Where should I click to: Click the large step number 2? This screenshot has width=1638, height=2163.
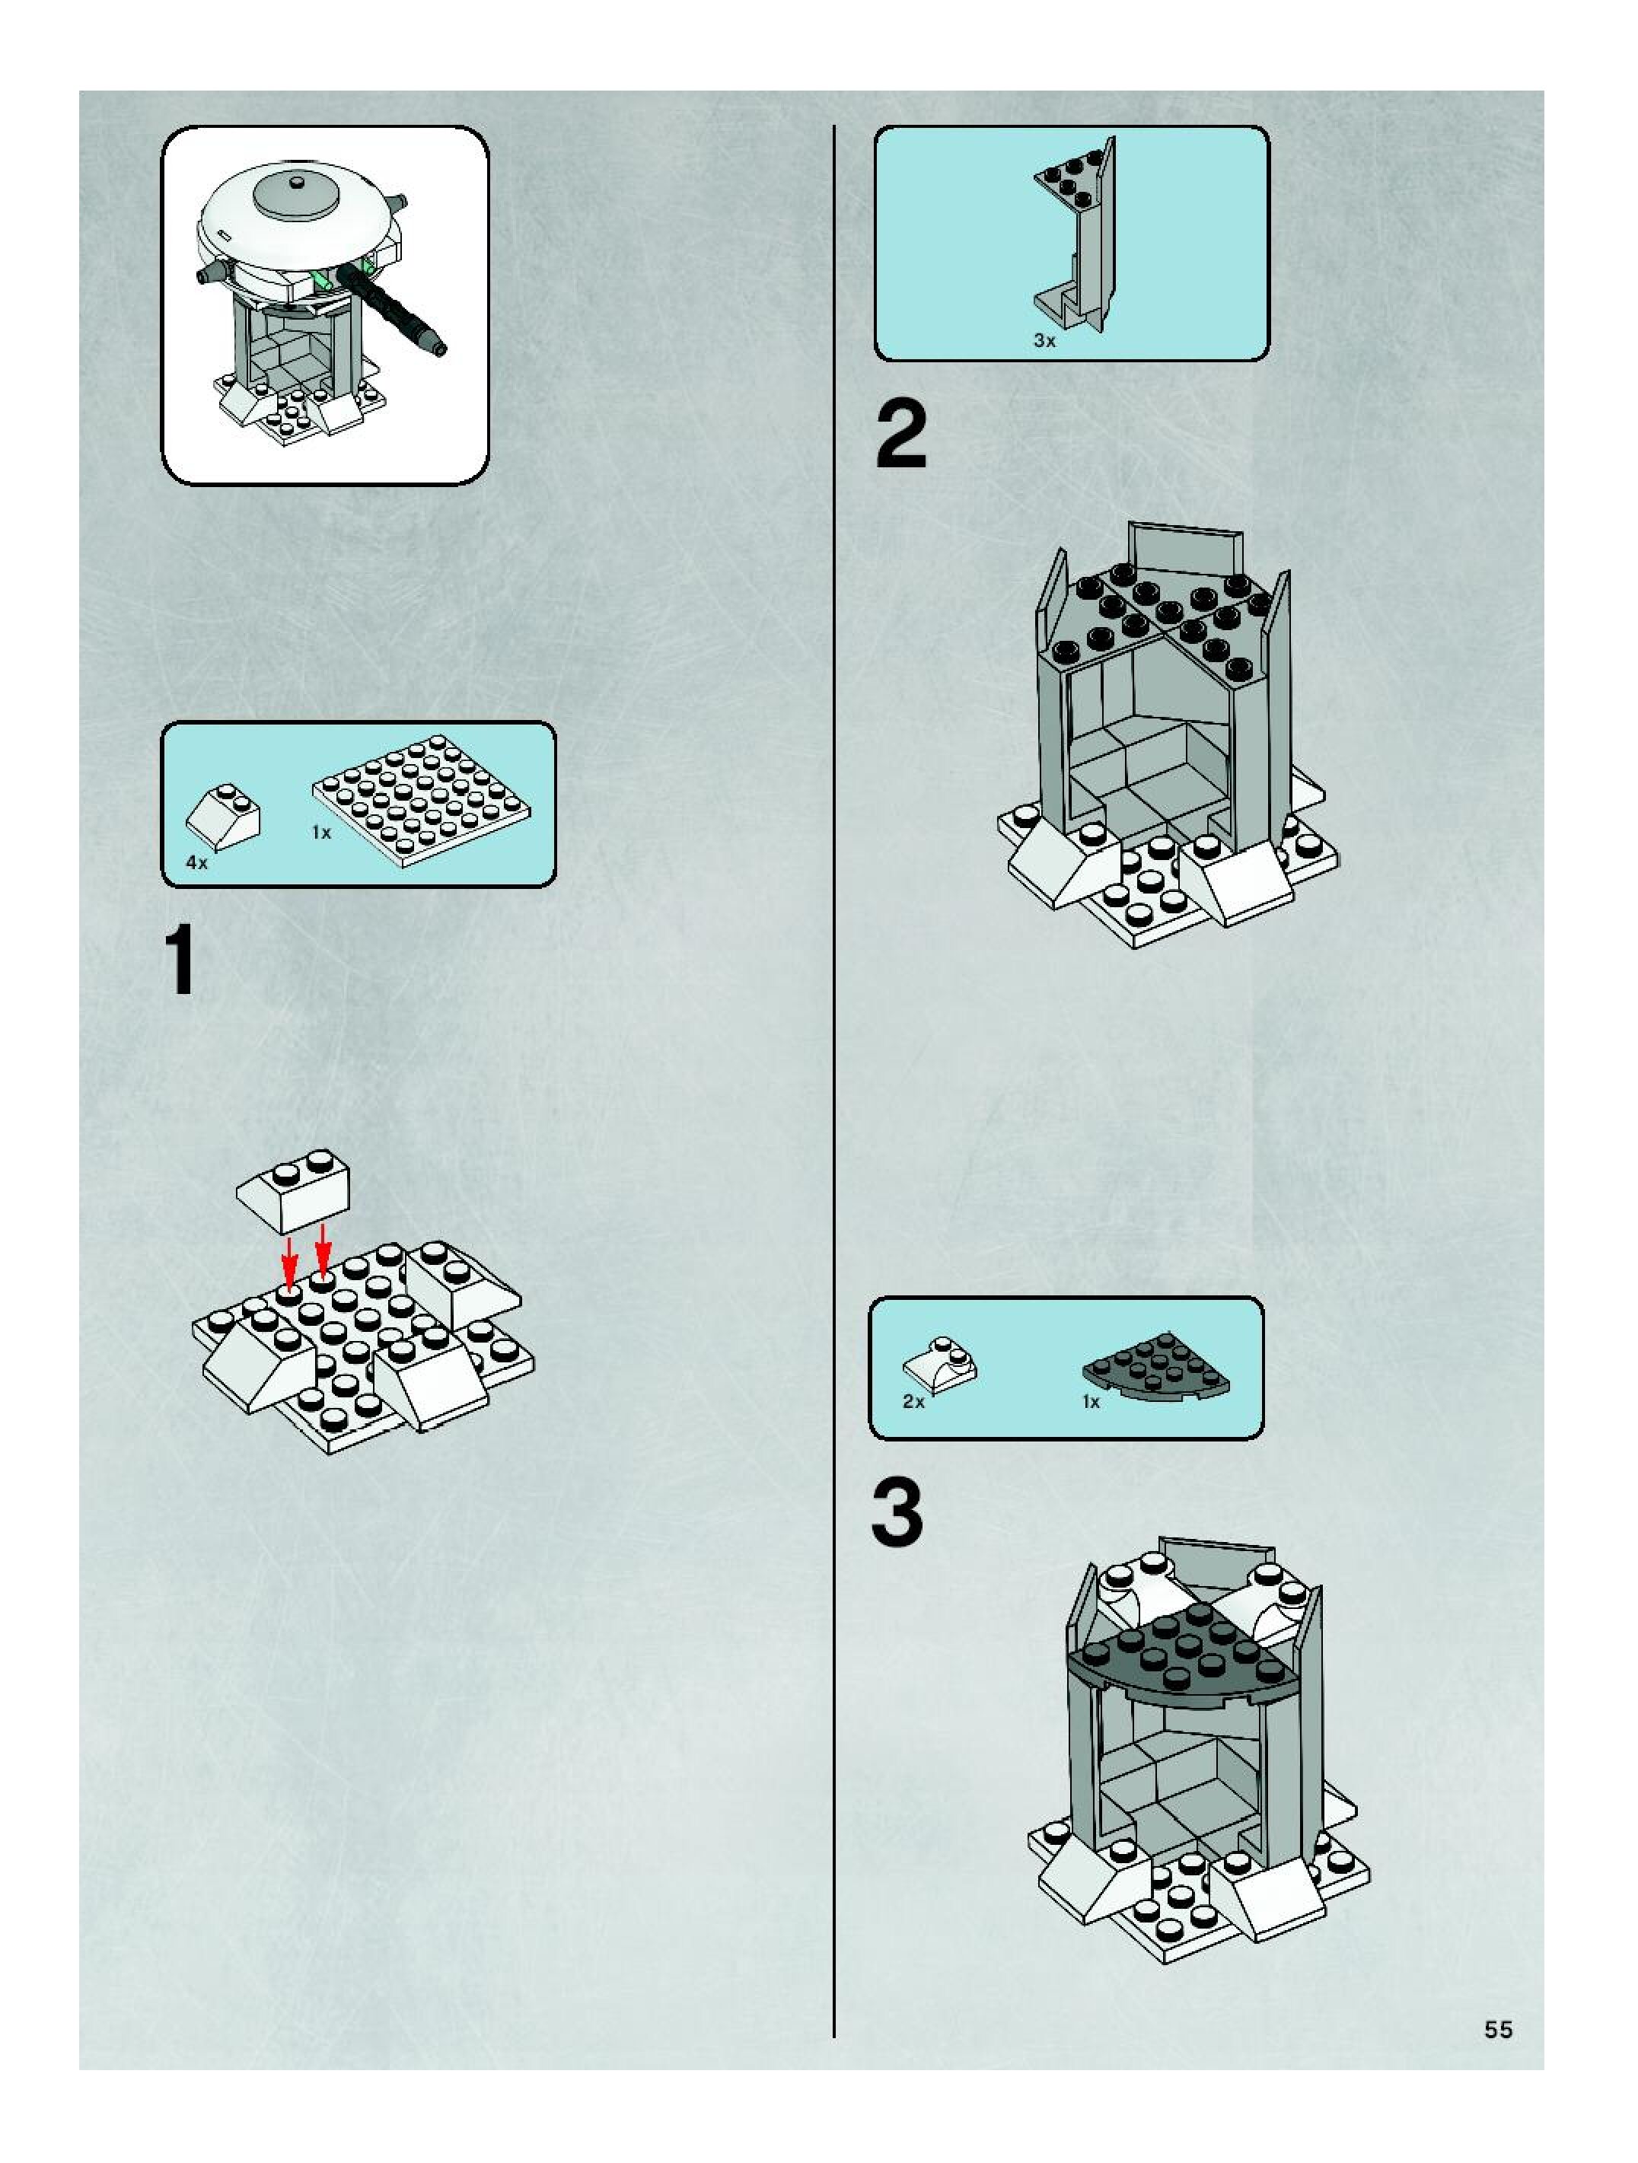click(900, 437)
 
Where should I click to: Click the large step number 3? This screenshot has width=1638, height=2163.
click(897, 1515)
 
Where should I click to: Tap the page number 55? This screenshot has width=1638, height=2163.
click(1498, 2030)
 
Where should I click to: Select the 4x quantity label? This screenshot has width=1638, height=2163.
click(196, 863)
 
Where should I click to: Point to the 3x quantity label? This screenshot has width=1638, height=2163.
click(1044, 341)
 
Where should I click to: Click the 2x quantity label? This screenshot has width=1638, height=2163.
click(913, 1401)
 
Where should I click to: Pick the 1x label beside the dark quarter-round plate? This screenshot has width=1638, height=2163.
click(1091, 1401)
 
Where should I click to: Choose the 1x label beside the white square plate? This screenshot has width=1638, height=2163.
click(320, 832)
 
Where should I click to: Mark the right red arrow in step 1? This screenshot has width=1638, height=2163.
click(323, 1252)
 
